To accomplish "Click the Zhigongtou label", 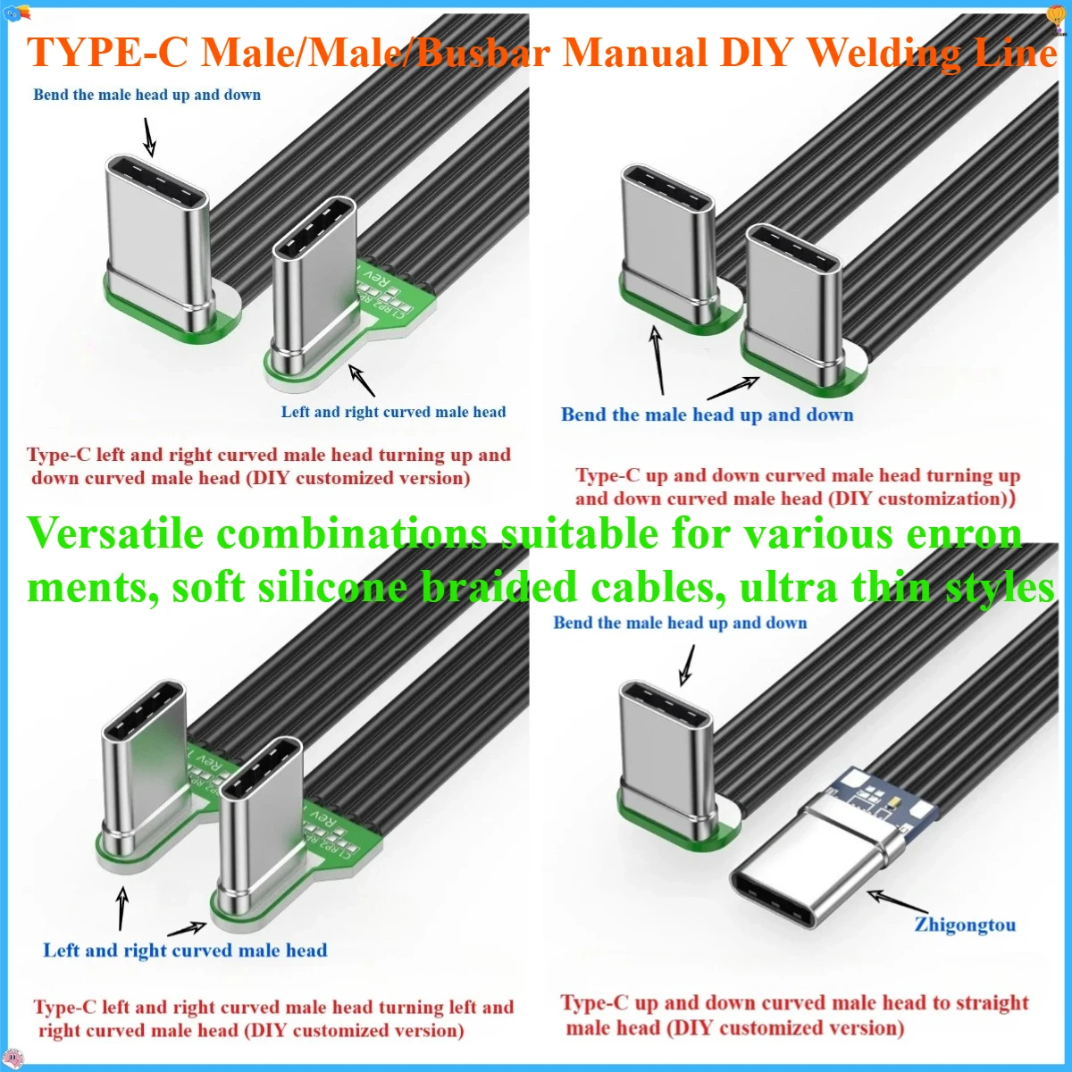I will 965,925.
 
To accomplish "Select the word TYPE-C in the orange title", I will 107,54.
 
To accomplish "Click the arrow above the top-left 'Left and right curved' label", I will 362,380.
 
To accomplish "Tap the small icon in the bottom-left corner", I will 11,1059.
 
